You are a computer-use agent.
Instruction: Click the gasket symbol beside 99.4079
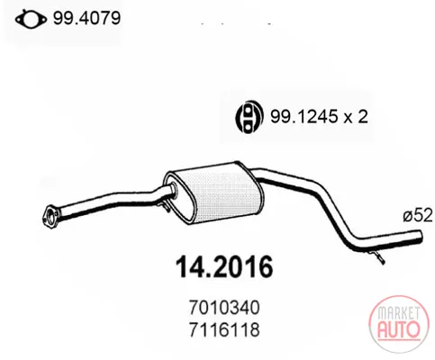pos(31,20)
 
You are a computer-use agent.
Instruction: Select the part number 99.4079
pos(86,18)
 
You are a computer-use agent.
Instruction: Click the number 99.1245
pos(304,116)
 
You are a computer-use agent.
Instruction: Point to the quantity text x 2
pos(356,116)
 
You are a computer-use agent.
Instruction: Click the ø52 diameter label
pos(417,215)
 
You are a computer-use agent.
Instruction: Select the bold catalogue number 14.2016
pos(224,266)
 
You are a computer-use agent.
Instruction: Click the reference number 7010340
pos(224,308)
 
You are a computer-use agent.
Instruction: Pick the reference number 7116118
pos(224,329)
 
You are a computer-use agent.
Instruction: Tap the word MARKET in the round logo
pos(398,313)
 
